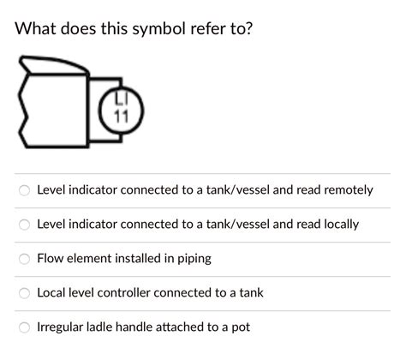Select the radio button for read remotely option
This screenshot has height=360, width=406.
coord(25,189)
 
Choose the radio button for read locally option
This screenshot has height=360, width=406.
coord(25,224)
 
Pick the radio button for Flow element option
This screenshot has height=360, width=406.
coord(25,258)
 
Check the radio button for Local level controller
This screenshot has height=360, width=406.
coord(25,292)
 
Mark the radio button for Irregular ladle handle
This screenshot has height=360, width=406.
coord(25,327)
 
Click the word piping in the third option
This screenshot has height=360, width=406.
coord(191,258)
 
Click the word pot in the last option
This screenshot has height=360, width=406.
coord(240,327)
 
